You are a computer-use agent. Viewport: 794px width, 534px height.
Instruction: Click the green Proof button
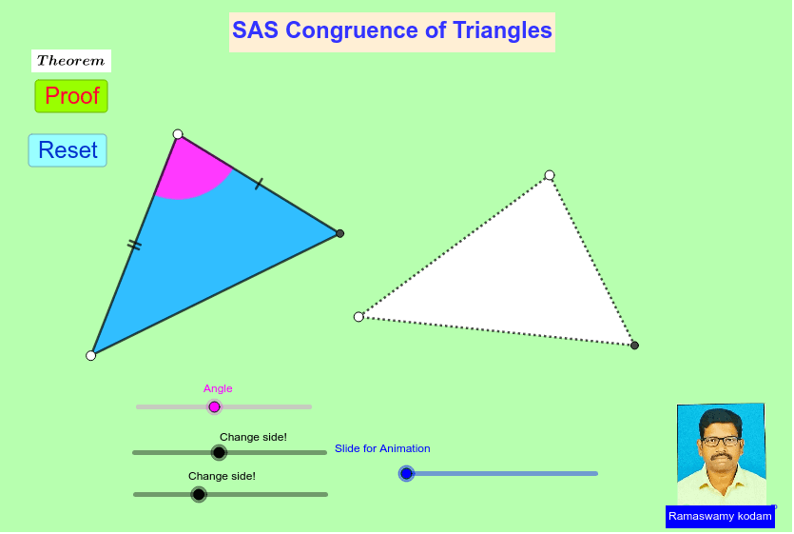(71, 96)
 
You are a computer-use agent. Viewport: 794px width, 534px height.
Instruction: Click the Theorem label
(70, 61)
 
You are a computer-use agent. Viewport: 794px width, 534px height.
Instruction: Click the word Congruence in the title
(352, 30)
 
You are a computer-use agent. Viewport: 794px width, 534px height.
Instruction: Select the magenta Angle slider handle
(214, 407)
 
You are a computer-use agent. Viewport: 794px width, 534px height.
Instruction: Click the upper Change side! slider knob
(219, 453)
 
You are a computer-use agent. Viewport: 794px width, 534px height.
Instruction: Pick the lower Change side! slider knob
(199, 494)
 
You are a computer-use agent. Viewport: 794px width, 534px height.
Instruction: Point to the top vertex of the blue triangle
(178, 134)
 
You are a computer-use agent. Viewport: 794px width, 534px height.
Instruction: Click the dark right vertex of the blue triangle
(339, 233)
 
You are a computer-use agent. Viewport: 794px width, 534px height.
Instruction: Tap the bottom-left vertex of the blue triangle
(91, 356)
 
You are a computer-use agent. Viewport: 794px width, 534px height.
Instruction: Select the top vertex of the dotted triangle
(550, 175)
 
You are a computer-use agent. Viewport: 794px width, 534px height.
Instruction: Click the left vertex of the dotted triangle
(358, 317)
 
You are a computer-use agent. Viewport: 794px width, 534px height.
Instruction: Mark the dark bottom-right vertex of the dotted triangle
(634, 346)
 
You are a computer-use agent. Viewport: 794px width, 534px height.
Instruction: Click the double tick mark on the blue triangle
(134, 246)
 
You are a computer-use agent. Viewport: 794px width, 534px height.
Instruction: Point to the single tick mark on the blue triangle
(259, 184)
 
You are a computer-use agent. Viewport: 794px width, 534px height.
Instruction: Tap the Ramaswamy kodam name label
(720, 516)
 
